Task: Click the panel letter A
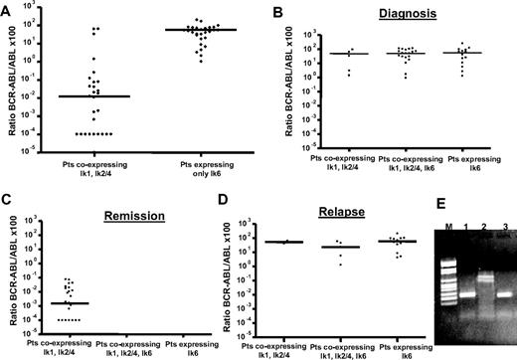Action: (x=7, y=7)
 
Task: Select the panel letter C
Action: (x=7, y=184)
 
